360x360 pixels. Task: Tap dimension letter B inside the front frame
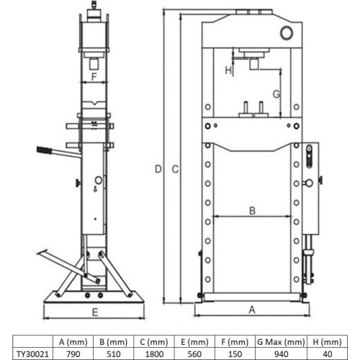point(251,211)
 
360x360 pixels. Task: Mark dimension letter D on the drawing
point(158,168)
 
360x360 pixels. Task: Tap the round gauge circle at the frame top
point(288,32)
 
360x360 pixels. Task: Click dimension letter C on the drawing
point(175,168)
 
